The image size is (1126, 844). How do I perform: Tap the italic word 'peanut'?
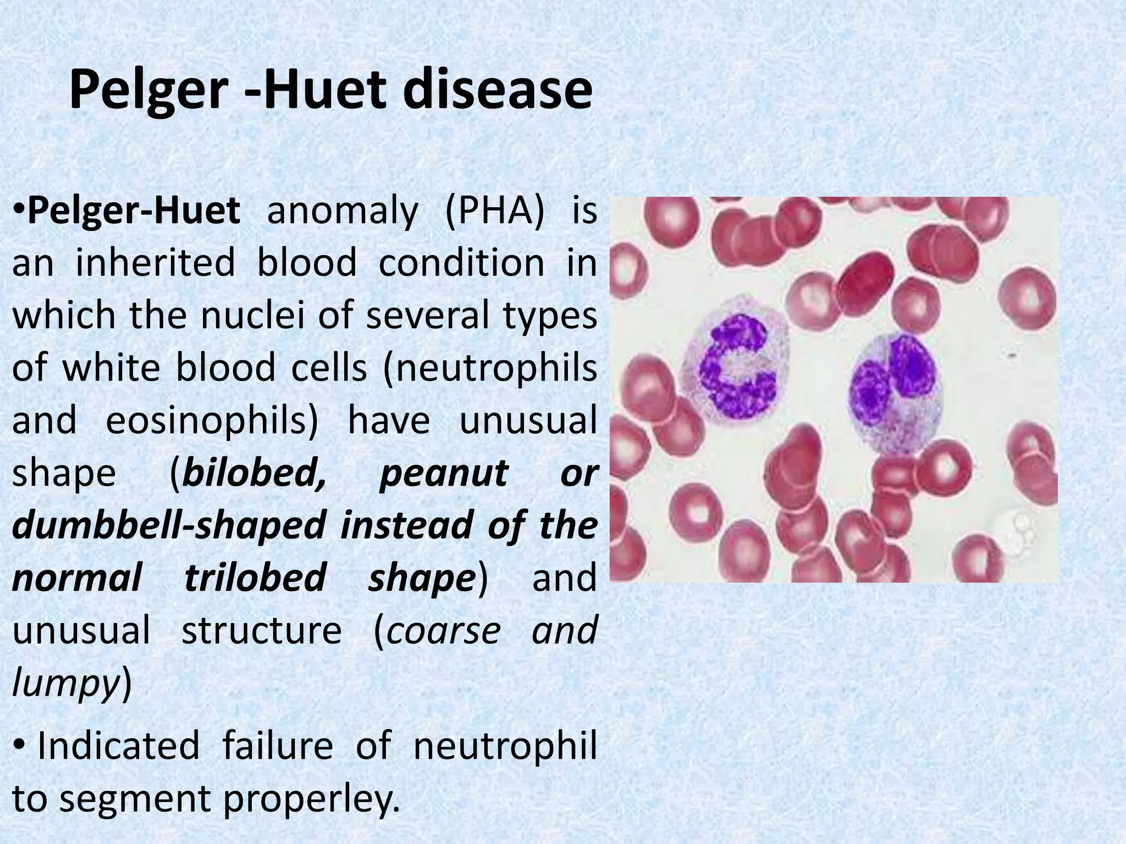pos(443,473)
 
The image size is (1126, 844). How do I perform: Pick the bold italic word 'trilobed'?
pos(255,578)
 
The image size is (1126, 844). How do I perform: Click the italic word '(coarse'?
pos(437,631)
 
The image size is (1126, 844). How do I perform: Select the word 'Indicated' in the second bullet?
pos(118,746)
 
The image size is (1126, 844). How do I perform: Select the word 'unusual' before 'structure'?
pos(81,631)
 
